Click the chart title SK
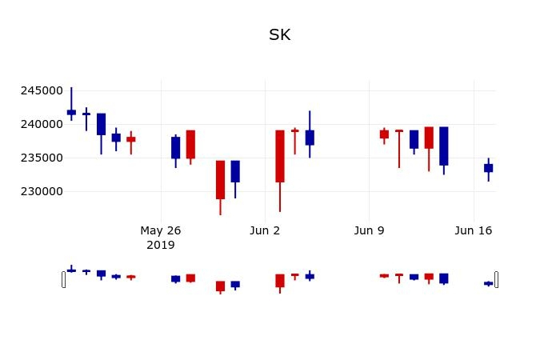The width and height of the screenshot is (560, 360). click(x=280, y=35)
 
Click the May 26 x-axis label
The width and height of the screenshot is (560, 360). click(x=161, y=230)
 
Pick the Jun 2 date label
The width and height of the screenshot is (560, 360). click(x=265, y=230)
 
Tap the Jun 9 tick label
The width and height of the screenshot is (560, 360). click(x=369, y=230)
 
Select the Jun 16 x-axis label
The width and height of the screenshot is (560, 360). click(x=474, y=230)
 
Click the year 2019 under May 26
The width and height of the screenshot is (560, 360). click(x=161, y=245)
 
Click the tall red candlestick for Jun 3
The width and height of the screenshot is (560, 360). click(x=280, y=156)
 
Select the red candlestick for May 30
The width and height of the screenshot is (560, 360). click(x=220, y=179)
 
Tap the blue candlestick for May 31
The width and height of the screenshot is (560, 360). click(x=235, y=171)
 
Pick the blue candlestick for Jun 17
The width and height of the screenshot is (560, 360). click(x=488, y=168)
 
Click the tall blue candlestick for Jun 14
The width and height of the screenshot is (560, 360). click(x=443, y=146)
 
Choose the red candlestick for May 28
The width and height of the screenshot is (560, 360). click(x=190, y=144)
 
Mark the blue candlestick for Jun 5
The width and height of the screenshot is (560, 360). click(x=310, y=138)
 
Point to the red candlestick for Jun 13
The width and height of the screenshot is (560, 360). click(x=429, y=138)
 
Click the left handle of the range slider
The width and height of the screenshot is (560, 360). click(x=64, y=279)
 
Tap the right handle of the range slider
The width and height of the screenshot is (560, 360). click(x=496, y=279)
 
